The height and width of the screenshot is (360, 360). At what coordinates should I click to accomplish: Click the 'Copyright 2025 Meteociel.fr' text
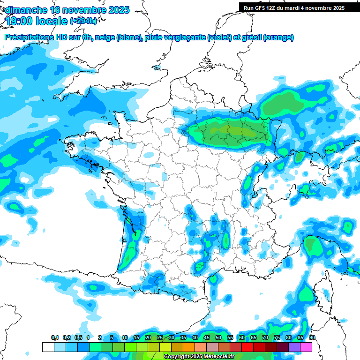tap(199, 357)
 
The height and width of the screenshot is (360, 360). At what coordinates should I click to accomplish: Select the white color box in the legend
tap(48, 347)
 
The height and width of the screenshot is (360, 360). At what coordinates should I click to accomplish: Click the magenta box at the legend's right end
tap(306, 347)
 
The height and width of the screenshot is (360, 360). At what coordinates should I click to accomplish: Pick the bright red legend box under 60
tap(247, 347)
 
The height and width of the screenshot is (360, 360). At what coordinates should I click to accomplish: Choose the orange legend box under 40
tap(188, 347)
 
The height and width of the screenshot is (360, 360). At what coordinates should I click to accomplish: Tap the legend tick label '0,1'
tap(55, 338)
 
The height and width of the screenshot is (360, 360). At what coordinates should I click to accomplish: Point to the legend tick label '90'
tap(312, 338)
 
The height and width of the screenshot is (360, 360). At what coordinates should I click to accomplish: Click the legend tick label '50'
tap(218, 338)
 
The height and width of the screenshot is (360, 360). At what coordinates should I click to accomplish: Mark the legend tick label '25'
tap(159, 338)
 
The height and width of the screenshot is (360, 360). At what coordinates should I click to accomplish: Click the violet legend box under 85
tap(294, 347)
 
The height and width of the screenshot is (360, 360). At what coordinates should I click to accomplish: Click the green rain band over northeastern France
tap(230, 131)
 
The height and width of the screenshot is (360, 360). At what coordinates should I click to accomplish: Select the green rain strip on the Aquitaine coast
tap(130, 248)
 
